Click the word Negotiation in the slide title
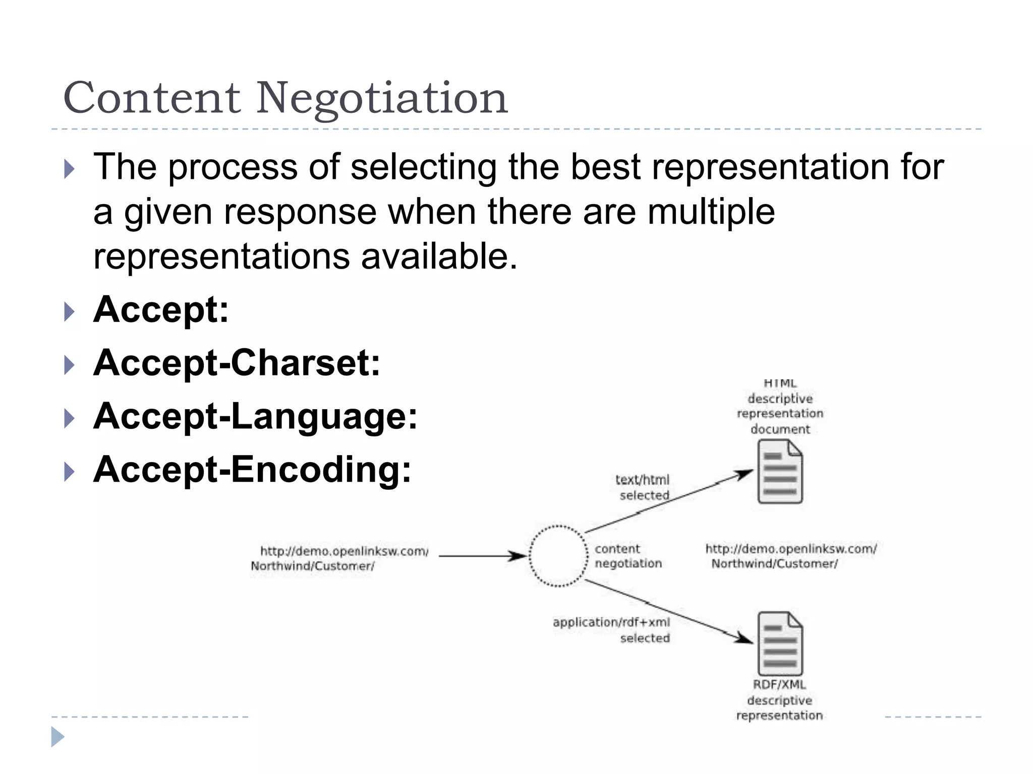click(382, 98)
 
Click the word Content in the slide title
click(152, 98)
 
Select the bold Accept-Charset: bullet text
click(237, 363)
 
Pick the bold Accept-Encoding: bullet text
click(252, 470)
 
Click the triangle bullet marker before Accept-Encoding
click(70, 472)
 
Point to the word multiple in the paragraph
click(711, 212)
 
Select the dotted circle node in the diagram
click(558, 556)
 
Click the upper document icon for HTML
click(780, 472)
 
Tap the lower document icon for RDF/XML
click(780, 643)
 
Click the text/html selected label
click(643, 487)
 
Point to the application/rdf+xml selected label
click(612, 629)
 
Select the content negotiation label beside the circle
click(627, 556)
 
